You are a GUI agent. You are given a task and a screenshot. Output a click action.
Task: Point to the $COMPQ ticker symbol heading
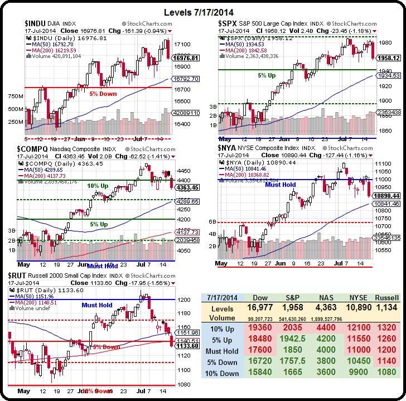[x=36, y=149]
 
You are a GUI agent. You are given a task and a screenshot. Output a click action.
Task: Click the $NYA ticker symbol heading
[x=230, y=148]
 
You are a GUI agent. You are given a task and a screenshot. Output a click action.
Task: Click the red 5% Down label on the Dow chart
[x=103, y=94]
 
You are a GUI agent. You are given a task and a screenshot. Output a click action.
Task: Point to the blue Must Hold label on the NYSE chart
[x=281, y=185]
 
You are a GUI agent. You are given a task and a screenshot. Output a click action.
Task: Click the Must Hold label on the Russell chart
[x=97, y=305]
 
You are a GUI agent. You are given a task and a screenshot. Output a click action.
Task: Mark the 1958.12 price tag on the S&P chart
[x=388, y=57]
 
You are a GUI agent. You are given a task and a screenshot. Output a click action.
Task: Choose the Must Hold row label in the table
[x=223, y=351]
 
